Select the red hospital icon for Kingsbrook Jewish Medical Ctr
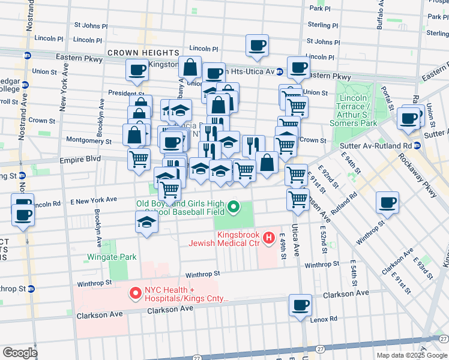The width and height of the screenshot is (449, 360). point(268,238)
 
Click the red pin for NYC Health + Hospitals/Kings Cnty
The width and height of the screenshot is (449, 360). point(135,294)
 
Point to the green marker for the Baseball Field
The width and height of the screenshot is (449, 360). point(233,208)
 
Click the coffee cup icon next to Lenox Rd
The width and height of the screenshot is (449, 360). point(300,305)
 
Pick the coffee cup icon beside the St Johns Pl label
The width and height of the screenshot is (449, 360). point(257,46)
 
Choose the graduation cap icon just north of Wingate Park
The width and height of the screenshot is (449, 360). point(145,223)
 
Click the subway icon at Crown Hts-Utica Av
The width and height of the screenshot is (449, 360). point(280,71)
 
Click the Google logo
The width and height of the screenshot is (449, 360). point(20,353)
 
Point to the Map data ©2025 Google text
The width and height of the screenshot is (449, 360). point(411,355)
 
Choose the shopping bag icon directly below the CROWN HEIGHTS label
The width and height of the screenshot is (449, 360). point(190,68)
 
